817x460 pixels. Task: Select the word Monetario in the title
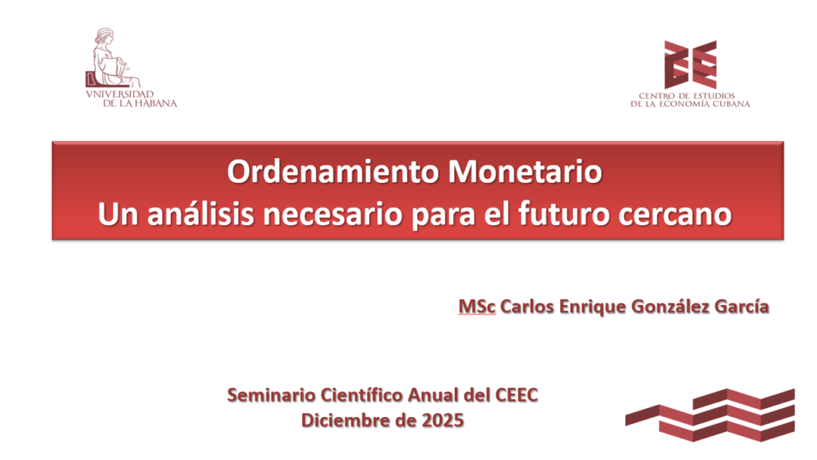[525, 172]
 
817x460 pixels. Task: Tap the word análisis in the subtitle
[200, 214]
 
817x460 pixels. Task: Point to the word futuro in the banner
[564, 214]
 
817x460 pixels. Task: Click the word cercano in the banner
[675, 215]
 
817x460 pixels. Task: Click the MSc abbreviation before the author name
[477, 307]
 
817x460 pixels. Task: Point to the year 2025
[443, 420]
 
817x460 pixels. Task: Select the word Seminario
[271, 395]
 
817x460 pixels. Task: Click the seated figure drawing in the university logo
[112, 57]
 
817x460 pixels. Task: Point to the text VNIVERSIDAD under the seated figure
[120, 94]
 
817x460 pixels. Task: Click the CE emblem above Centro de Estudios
[690, 65]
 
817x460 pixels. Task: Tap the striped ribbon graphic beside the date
[710, 415]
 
